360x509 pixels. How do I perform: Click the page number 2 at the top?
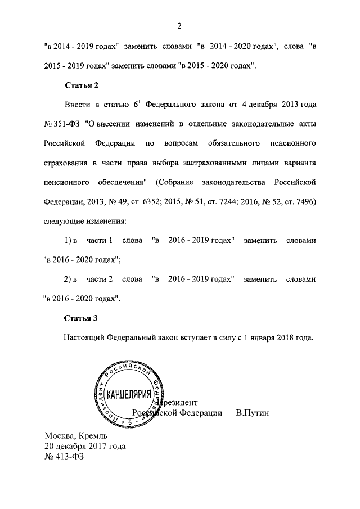point(179,25)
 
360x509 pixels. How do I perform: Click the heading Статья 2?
point(82,85)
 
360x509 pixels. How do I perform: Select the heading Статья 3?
point(82,318)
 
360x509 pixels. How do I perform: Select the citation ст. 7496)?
point(298,201)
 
